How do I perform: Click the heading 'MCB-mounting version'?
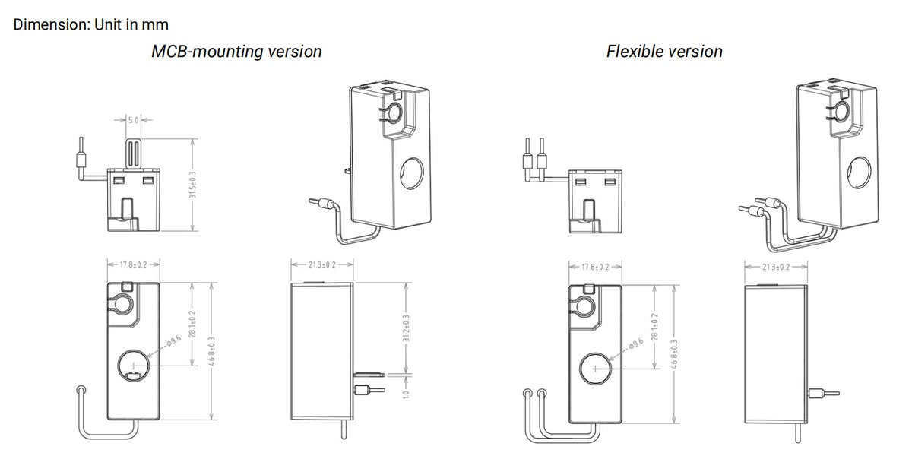(x=236, y=52)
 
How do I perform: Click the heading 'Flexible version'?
(x=664, y=52)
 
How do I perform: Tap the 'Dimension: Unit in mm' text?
(x=91, y=24)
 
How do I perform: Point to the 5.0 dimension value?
(x=132, y=120)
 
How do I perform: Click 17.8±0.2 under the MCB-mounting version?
(x=133, y=265)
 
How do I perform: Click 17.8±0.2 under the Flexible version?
(x=595, y=267)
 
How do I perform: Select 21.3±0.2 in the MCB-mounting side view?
(x=323, y=264)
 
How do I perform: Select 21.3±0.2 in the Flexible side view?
(x=775, y=267)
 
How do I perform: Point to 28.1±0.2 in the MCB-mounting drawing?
(x=192, y=324)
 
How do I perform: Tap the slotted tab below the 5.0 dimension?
(x=133, y=151)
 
